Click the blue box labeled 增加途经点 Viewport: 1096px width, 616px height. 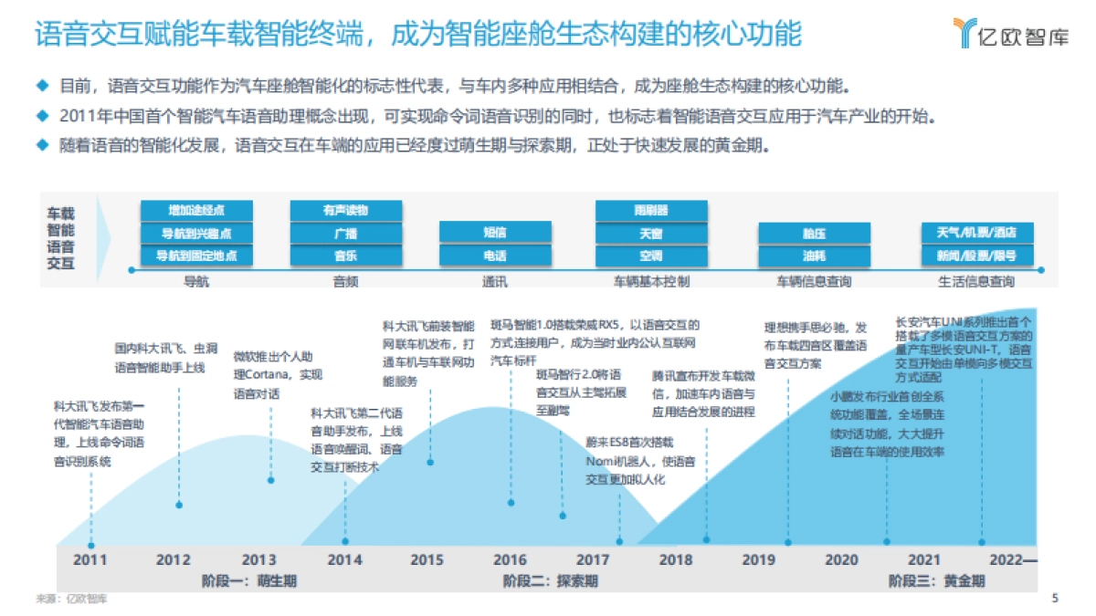click(196, 211)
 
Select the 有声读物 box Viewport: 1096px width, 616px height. click(345, 211)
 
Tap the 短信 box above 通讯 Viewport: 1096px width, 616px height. click(495, 233)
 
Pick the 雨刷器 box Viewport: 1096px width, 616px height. click(651, 211)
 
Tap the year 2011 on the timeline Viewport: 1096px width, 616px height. click(90, 559)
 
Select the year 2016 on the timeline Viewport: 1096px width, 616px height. click(510, 559)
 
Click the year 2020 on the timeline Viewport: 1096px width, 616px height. click(841, 559)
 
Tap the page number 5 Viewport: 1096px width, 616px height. click(1056, 599)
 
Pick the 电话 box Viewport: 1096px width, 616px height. click(495, 256)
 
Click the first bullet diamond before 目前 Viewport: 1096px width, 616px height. click(41, 86)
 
